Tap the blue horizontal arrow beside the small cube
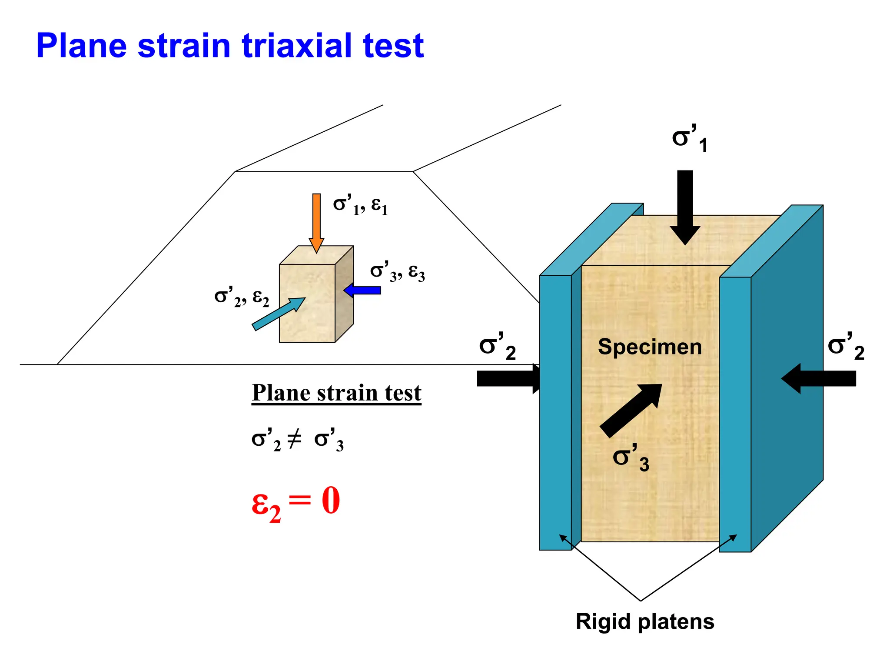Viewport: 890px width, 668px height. [x=363, y=290]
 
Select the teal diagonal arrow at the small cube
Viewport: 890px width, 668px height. [x=278, y=314]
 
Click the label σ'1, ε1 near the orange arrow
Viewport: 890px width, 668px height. [x=360, y=205]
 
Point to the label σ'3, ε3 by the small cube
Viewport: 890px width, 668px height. [x=397, y=272]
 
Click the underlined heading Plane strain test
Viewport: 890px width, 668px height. [x=336, y=393]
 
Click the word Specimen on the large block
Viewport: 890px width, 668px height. [x=650, y=347]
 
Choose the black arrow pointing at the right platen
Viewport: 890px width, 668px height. [x=819, y=379]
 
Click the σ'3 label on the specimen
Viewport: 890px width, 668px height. [x=631, y=458]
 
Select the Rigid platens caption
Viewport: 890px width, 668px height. [x=645, y=621]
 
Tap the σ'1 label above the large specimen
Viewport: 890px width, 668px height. [x=690, y=138]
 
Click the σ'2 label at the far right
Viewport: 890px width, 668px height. [x=846, y=347]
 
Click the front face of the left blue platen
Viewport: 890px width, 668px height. [x=555, y=413]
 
